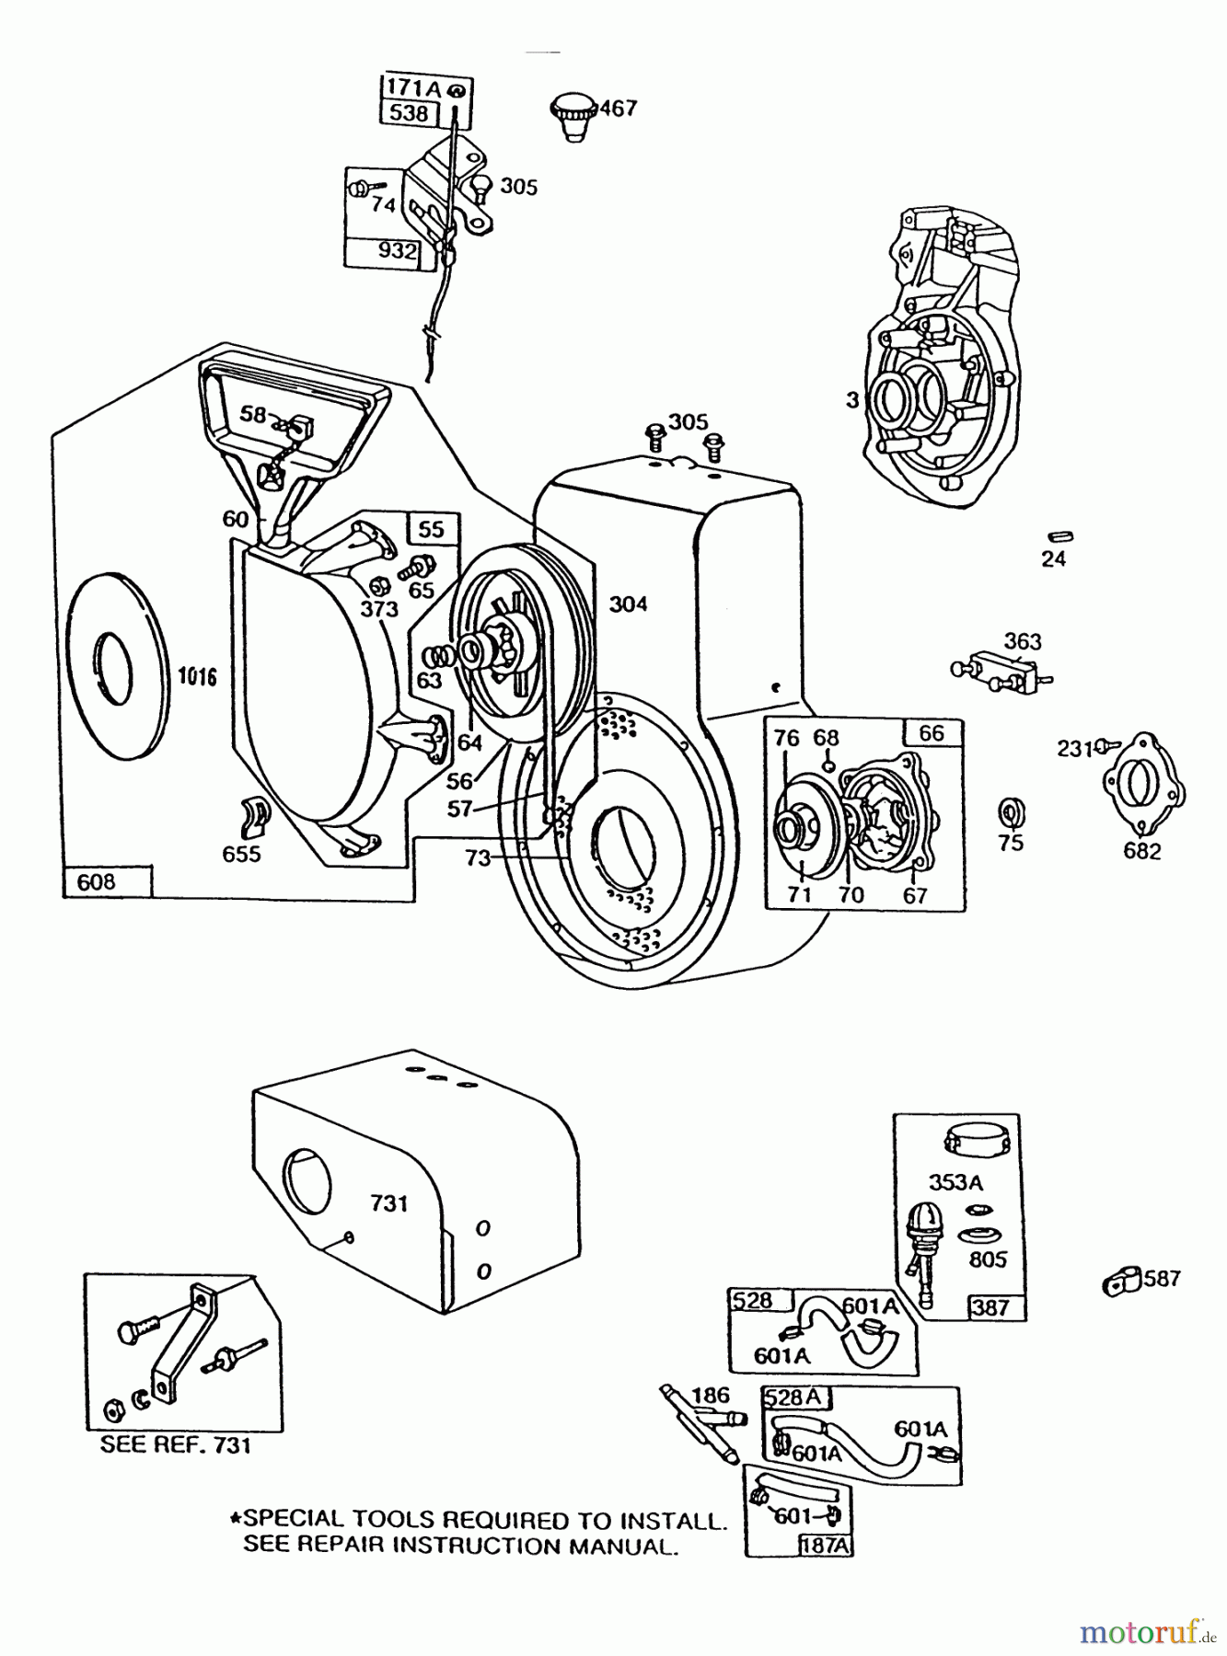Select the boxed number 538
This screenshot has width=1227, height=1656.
(x=409, y=113)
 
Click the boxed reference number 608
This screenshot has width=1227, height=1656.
(x=96, y=882)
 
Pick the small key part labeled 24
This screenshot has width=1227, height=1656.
(x=1060, y=536)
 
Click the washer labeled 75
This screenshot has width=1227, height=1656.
(x=1010, y=813)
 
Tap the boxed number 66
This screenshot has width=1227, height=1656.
(x=932, y=733)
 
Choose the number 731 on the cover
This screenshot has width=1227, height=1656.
(x=389, y=1203)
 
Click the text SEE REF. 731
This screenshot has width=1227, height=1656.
(x=176, y=1445)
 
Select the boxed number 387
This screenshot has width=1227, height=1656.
(x=990, y=1307)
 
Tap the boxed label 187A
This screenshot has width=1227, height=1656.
(x=826, y=1546)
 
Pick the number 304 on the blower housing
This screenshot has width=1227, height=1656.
(x=628, y=604)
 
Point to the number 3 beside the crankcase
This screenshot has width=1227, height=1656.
(x=852, y=400)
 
